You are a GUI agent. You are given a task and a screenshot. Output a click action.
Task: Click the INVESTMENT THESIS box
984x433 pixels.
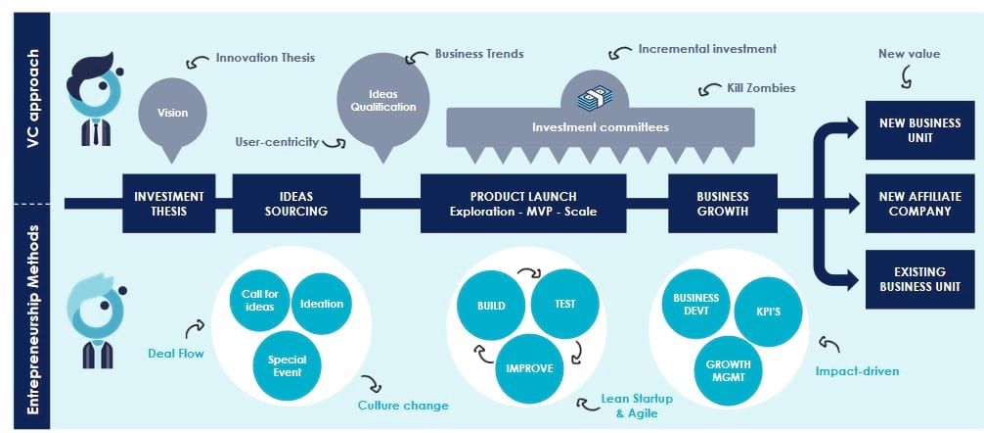pyautogui.click(x=169, y=203)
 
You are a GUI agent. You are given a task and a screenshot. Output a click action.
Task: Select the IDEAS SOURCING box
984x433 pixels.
pyautogui.click(x=295, y=203)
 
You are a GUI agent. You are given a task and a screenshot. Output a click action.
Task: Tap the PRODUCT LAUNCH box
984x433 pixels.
pyautogui.click(x=522, y=203)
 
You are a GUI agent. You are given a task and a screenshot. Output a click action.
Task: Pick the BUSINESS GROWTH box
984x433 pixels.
pyautogui.click(x=723, y=203)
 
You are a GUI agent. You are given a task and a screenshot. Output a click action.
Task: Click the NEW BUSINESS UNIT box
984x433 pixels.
pyautogui.click(x=919, y=130)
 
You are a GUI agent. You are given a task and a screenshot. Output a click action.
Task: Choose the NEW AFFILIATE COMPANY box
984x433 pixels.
pyautogui.click(x=919, y=203)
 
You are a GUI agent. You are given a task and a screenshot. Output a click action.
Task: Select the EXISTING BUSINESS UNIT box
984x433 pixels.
pyautogui.click(x=919, y=278)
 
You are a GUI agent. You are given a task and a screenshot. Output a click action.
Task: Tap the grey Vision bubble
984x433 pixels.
pyautogui.click(x=173, y=114)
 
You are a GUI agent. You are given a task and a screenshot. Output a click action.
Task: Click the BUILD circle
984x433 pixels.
pyautogui.click(x=491, y=305)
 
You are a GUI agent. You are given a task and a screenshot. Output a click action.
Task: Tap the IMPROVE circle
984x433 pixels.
pyautogui.click(x=529, y=368)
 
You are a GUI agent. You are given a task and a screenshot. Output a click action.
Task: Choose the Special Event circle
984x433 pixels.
pyautogui.click(x=287, y=366)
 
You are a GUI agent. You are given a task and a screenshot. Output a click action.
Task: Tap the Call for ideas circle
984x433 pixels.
pyautogui.click(x=258, y=301)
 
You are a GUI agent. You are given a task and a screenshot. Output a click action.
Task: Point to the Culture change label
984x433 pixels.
pyautogui.click(x=403, y=405)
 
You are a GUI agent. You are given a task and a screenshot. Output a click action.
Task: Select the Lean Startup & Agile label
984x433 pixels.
pyautogui.click(x=636, y=406)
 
